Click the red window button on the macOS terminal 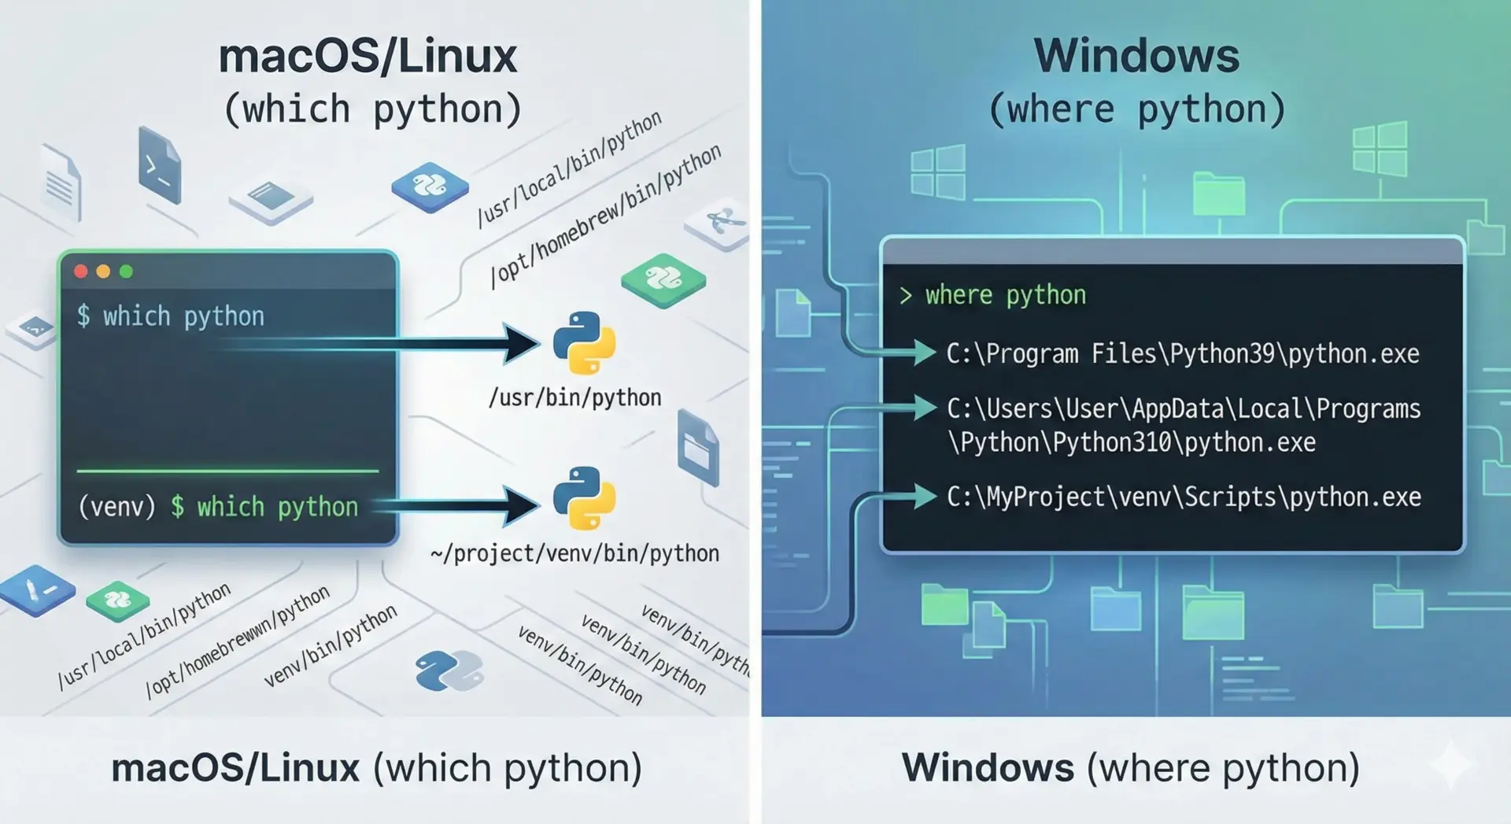coord(81,272)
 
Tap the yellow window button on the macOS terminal coord(103,272)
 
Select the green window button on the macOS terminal coord(126,272)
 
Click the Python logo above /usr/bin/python coord(584,343)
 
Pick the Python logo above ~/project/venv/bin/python coord(584,499)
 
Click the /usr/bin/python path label coord(574,398)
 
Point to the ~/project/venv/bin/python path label coord(574,554)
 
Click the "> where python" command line coord(993,295)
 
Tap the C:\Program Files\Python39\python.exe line coord(1182,354)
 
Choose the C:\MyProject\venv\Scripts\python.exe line coord(1184,497)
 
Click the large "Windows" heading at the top coord(1136,56)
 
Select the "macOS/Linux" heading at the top coord(368,56)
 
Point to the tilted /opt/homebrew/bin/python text coord(605,216)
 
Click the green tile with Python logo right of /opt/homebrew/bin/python coord(663,279)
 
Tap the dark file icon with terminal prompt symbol coord(160,166)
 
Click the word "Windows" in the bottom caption coord(988,767)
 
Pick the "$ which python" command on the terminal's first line coord(171,316)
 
